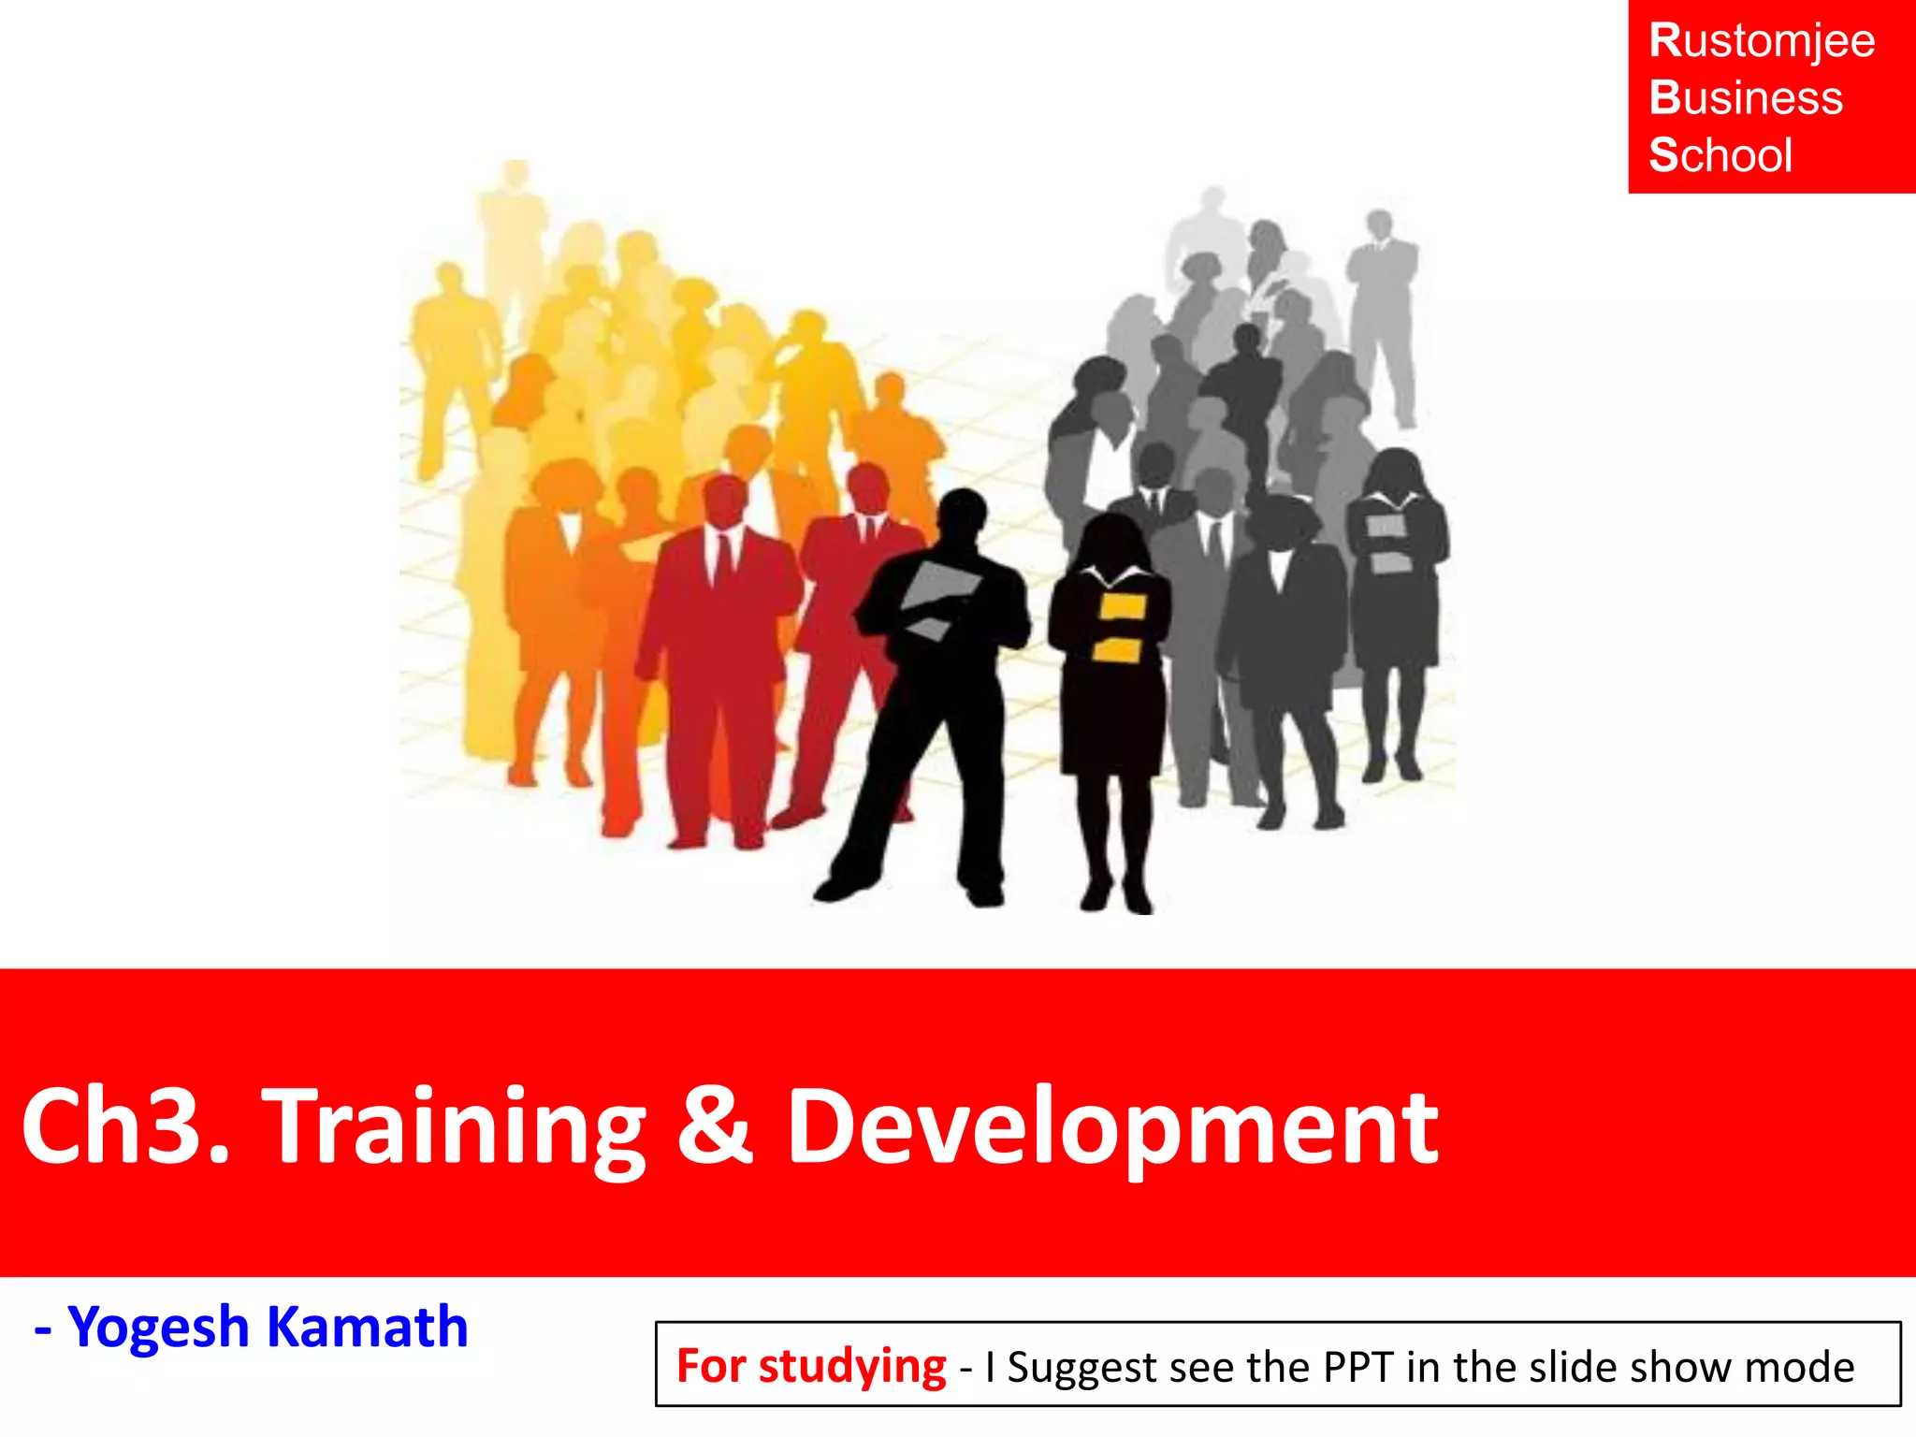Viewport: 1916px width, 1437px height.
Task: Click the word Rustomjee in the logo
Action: tap(1762, 42)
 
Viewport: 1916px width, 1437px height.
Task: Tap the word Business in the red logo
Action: tap(1746, 98)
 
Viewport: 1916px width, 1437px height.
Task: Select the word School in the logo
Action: tap(1720, 155)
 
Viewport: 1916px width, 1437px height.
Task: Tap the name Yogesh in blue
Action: tap(159, 1328)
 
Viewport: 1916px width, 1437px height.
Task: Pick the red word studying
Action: tap(852, 1368)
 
